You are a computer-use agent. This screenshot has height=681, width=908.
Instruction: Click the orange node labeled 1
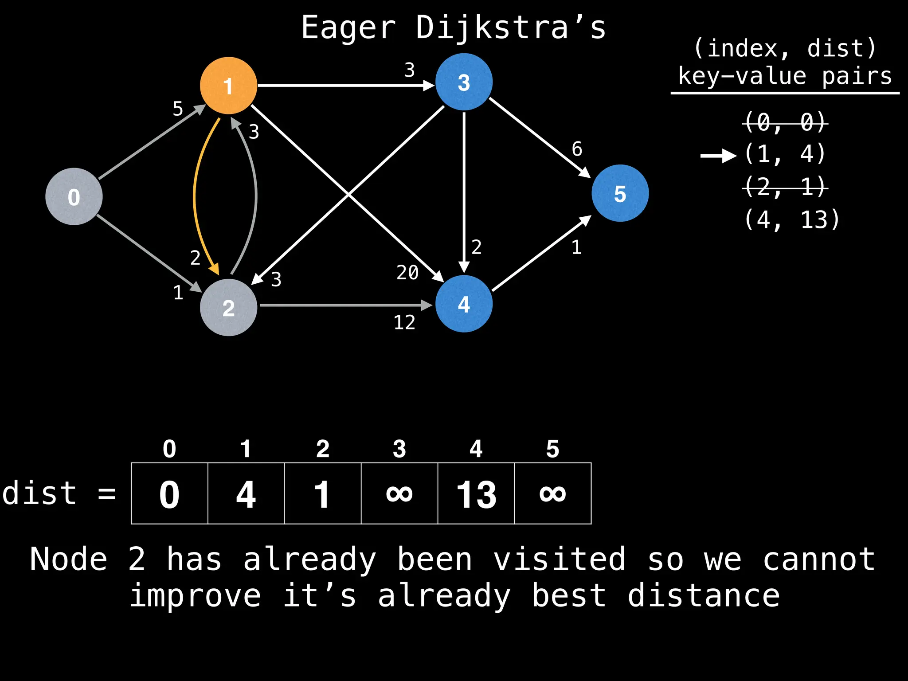[x=228, y=86]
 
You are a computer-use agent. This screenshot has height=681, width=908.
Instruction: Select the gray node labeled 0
[x=74, y=196]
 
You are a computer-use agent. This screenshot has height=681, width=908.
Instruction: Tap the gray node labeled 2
[x=228, y=307]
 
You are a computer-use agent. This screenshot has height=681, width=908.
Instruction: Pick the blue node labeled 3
[x=464, y=82]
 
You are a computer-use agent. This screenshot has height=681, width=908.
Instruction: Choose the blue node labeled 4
[x=464, y=304]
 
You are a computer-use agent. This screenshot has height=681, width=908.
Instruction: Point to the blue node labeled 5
[x=620, y=193]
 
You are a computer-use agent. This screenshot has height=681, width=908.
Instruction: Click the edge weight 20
[x=407, y=272]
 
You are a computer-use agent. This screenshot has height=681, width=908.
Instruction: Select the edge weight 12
[x=404, y=322]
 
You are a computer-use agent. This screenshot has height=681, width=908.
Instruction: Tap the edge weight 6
[x=577, y=149]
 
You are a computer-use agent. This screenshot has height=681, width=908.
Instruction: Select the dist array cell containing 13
[x=476, y=493]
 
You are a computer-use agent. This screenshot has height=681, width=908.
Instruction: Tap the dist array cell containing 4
[x=246, y=493]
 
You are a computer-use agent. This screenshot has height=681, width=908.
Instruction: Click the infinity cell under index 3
[x=399, y=493]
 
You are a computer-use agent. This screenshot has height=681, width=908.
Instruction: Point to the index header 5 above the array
[x=552, y=449]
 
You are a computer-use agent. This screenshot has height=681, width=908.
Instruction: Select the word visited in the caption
[x=560, y=559]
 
